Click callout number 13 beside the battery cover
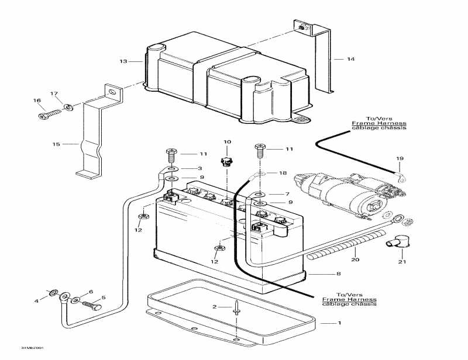[x=123, y=61]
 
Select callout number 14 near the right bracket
[x=350, y=59]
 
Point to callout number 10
[x=227, y=141]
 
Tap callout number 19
[x=400, y=158]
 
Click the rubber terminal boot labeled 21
[x=390, y=241]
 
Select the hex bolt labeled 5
[x=90, y=304]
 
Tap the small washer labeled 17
[x=69, y=106]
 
